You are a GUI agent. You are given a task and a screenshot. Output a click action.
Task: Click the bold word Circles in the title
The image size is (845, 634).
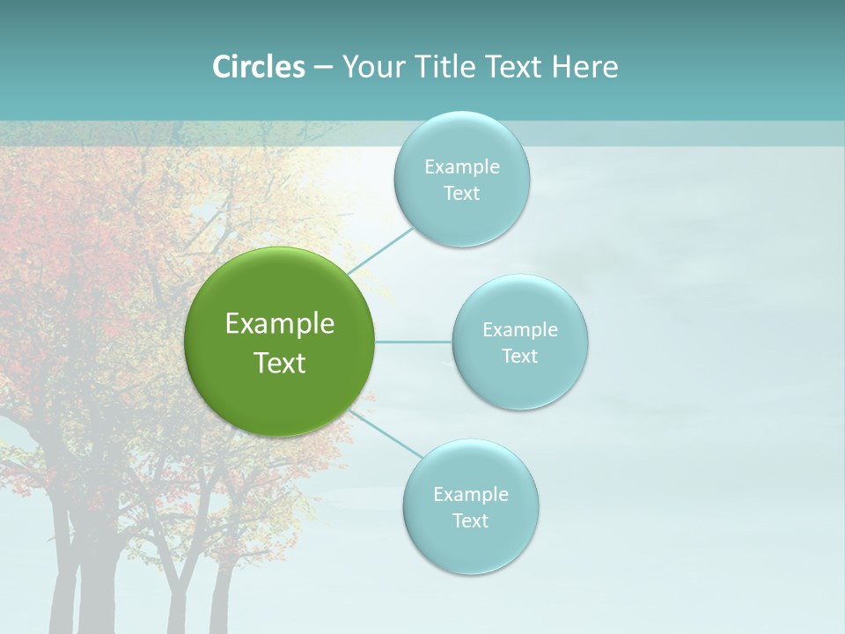(x=259, y=67)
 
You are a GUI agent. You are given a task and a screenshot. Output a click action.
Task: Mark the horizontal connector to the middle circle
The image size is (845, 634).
(x=414, y=342)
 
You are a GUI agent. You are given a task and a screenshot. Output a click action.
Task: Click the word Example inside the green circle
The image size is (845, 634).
(x=280, y=324)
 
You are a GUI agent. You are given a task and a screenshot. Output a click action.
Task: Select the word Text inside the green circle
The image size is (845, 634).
(x=280, y=363)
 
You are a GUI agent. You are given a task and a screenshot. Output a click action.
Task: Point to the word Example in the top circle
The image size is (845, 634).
(x=462, y=167)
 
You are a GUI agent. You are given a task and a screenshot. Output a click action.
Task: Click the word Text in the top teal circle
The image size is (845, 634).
(x=461, y=194)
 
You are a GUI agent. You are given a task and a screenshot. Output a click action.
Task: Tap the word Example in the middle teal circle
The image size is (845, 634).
(x=520, y=330)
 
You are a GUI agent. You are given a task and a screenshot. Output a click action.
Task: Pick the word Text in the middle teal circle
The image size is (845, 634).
(x=520, y=357)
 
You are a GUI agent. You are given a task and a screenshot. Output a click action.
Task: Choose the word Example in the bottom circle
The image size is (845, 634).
(x=471, y=495)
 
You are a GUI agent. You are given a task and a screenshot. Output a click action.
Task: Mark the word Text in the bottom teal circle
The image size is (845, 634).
(x=470, y=521)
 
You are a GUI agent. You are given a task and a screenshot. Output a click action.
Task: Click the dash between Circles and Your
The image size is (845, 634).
(x=323, y=67)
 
